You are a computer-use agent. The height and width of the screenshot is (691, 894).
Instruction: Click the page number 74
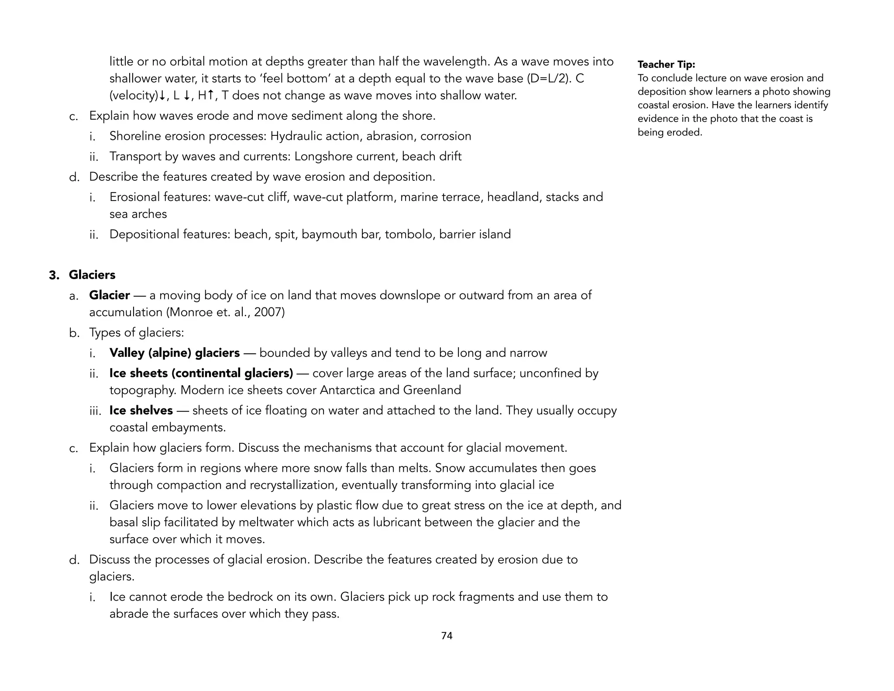(x=447, y=636)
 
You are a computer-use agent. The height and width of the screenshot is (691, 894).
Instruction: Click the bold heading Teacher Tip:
(x=666, y=65)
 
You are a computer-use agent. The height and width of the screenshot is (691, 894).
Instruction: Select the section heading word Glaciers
(x=92, y=275)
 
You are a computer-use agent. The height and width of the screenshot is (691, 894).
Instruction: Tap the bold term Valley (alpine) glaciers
(x=175, y=353)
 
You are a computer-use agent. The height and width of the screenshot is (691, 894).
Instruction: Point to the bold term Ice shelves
(x=141, y=411)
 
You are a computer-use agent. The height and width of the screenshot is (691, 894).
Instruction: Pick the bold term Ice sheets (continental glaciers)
(x=201, y=373)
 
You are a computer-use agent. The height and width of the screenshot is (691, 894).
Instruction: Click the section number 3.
(x=54, y=275)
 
